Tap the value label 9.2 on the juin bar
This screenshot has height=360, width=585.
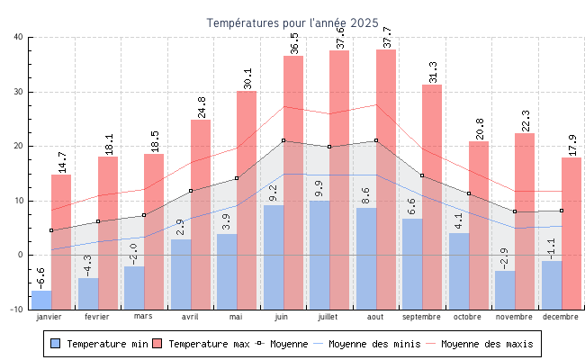point(273,193)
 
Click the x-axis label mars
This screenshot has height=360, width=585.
point(143,317)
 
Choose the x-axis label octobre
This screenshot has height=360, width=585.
point(467,317)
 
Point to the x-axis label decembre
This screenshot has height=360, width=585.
point(560,317)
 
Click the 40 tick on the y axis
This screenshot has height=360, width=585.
point(19,37)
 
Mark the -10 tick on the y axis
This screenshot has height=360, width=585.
point(17,310)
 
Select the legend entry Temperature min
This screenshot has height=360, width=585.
point(100,344)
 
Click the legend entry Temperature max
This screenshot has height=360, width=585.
point(202,344)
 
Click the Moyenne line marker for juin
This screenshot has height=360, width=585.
point(283,140)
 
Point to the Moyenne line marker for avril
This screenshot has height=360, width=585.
point(191,191)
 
